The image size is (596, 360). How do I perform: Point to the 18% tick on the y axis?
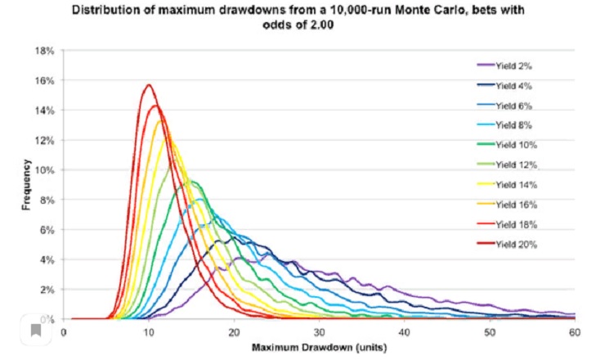pyautogui.click(x=43, y=51)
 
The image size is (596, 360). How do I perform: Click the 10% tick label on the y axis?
pyautogui.click(x=43, y=170)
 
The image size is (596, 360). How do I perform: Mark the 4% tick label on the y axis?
pyautogui.click(x=45, y=259)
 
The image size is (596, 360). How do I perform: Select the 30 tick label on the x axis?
pyautogui.click(x=319, y=333)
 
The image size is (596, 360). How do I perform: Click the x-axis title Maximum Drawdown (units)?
pyautogui.click(x=319, y=347)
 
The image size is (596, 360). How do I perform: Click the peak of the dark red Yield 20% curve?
pyautogui.click(x=148, y=85)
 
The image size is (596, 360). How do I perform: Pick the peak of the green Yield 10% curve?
pyautogui.click(x=193, y=181)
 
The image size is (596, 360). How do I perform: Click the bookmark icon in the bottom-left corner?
pyautogui.click(x=36, y=331)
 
